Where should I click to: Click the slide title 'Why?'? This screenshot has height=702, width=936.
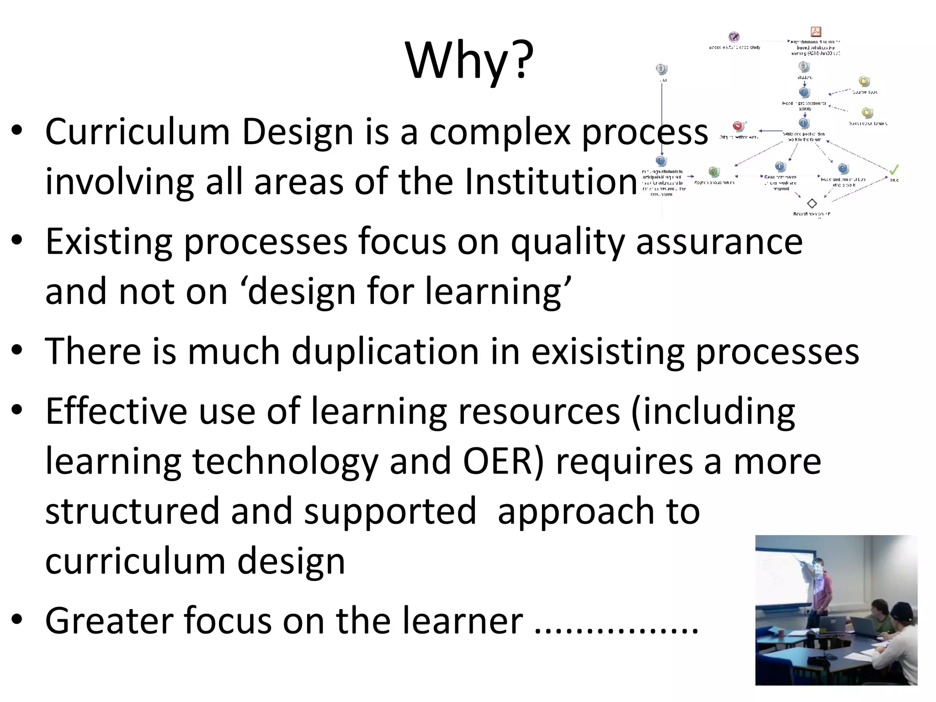[x=469, y=61]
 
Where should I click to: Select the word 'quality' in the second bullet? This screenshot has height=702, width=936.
[x=567, y=242]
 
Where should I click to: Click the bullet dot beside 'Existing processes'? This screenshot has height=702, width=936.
[x=17, y=241]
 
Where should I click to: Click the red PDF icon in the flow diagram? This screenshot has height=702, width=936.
[x=815, y=32]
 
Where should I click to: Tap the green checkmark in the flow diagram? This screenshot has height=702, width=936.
[x=894, y=170]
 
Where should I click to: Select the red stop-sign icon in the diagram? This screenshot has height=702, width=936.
[x=738, y=127]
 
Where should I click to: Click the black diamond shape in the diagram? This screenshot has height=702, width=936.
[x=812, y=203]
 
